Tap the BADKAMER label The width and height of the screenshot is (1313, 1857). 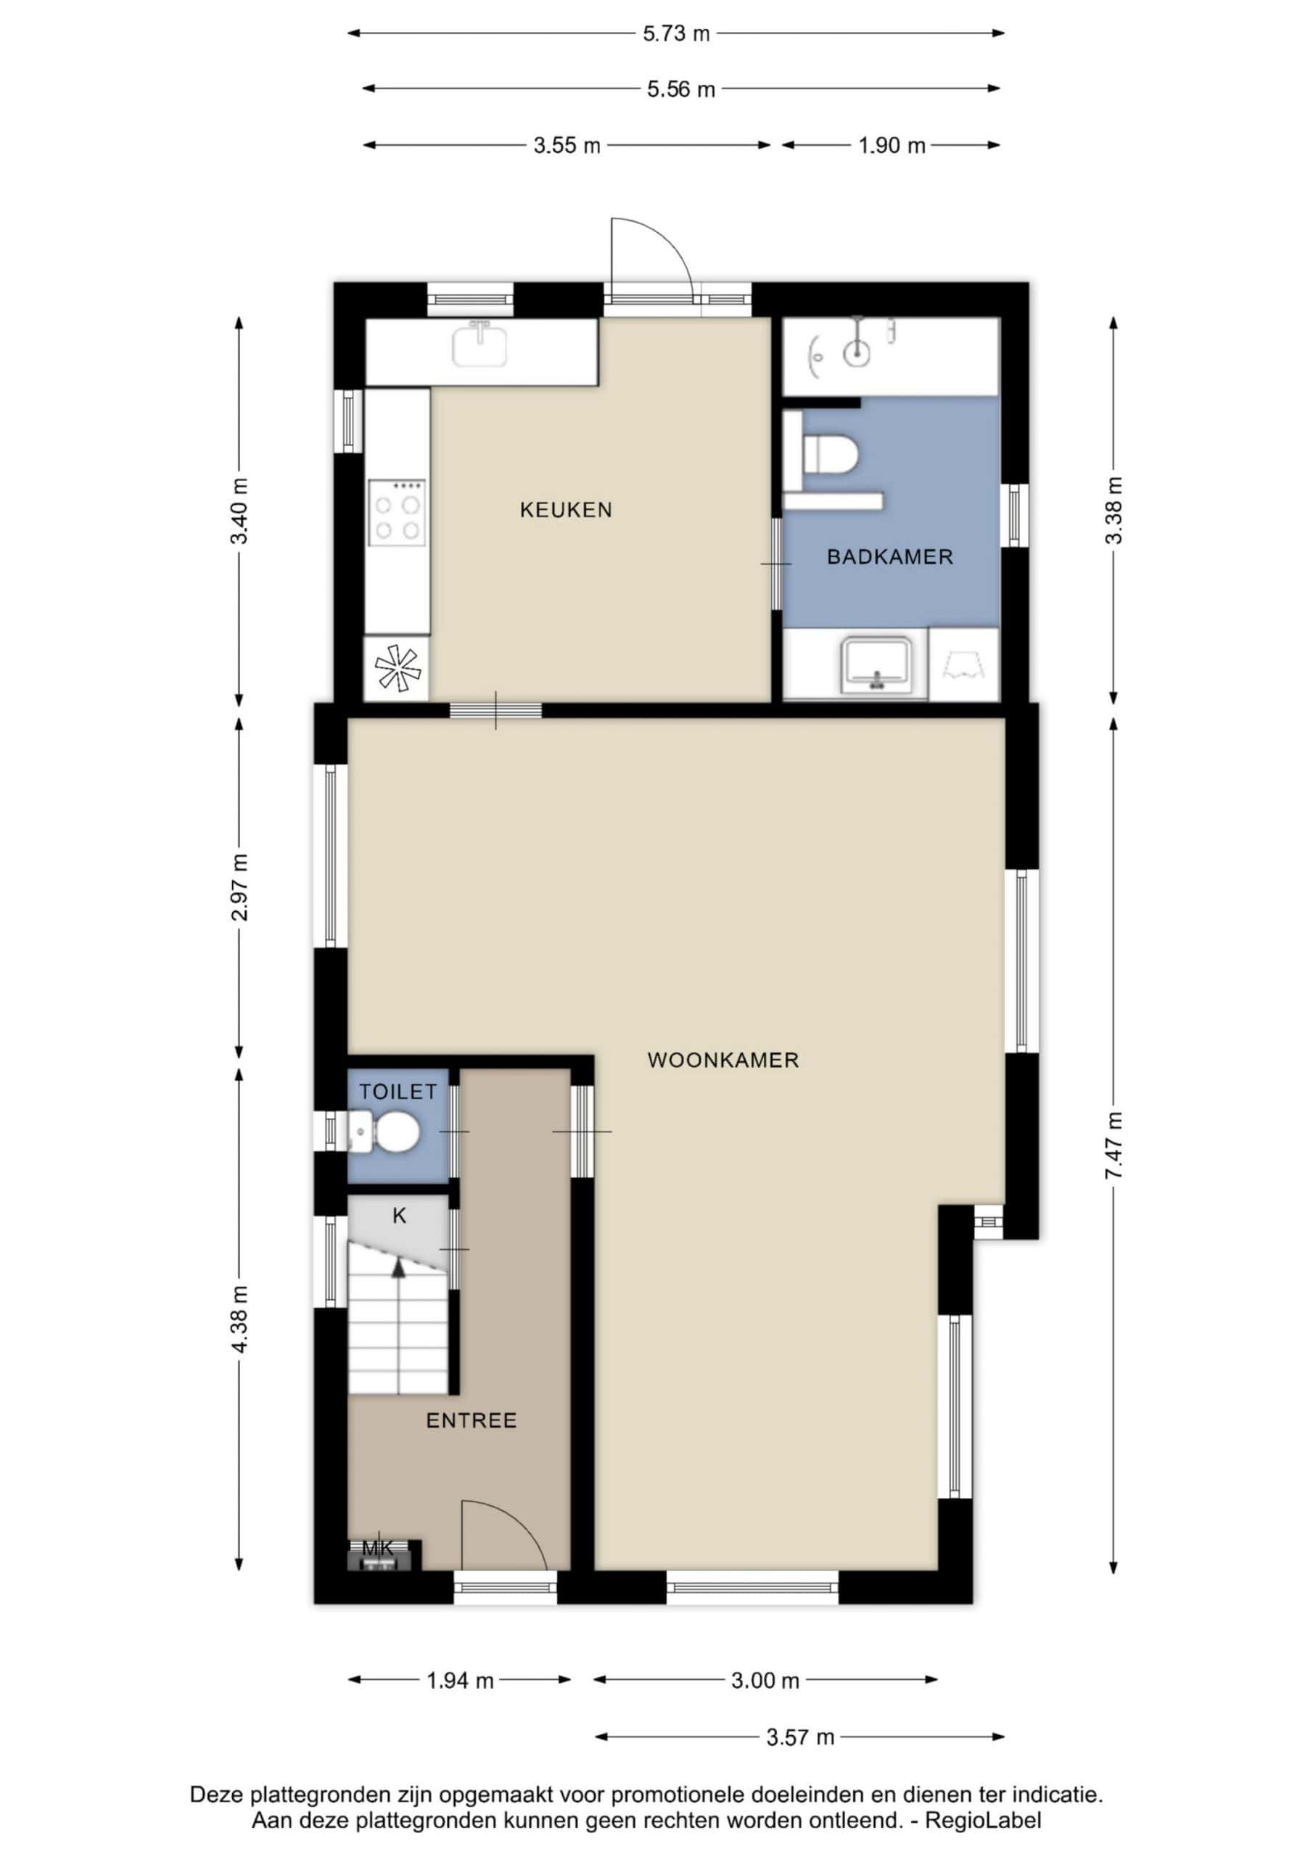(890, 556)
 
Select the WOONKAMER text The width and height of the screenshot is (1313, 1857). (723, 1060)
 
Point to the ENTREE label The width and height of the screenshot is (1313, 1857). (471, 1420)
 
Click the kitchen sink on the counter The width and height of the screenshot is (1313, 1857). (480, 344)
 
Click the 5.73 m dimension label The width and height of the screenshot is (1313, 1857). (676, 33)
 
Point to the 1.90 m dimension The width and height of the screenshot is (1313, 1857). (892, 146)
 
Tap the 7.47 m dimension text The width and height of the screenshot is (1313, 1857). (1114, 1145)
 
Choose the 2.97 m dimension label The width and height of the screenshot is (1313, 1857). (239, 887)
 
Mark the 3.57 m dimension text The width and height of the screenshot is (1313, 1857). (800, 1737)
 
